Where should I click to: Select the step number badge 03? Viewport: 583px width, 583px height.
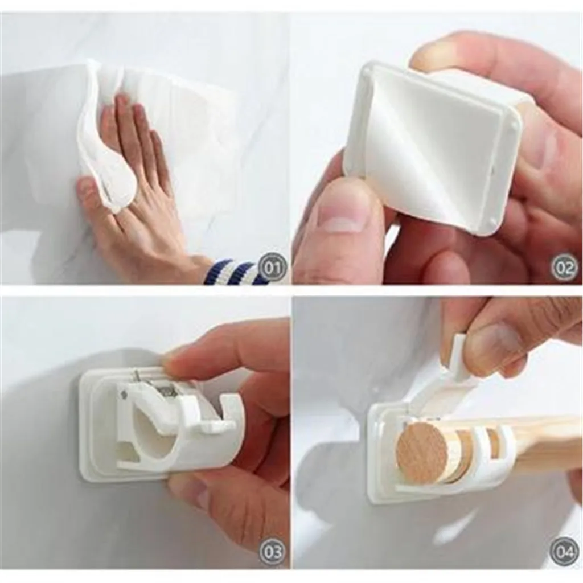point(273,551)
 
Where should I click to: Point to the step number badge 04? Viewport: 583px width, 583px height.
point(564,551)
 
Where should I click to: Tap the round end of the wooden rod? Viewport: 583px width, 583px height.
point(422,453)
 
